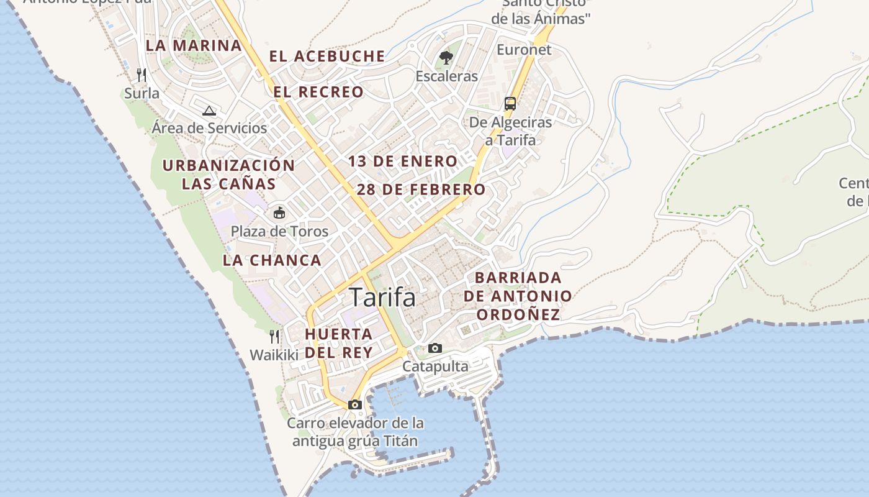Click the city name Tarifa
click(382, 298)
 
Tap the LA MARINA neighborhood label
click(194, 45)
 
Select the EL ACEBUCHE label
click(327, 56)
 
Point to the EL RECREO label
click(318, 92)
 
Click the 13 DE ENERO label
click(402, 162)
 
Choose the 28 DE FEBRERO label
click(421, 189)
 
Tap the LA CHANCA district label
click(272, 260)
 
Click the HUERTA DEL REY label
click(339, 343)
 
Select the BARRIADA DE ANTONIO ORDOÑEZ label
click(518, 296)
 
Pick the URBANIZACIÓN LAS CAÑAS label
click(228, 175)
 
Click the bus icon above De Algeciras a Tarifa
click(510, 104)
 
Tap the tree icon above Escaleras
click(446, 58)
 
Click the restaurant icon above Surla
click(142, 75)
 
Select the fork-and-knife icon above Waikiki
click(274, 337)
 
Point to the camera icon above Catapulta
click(435, 348)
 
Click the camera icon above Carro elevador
click(355, 404)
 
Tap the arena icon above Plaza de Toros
click(279, 213)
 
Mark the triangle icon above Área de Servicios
click(209, 111)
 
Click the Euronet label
click(524, 50)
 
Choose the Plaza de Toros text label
click(279, 232)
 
